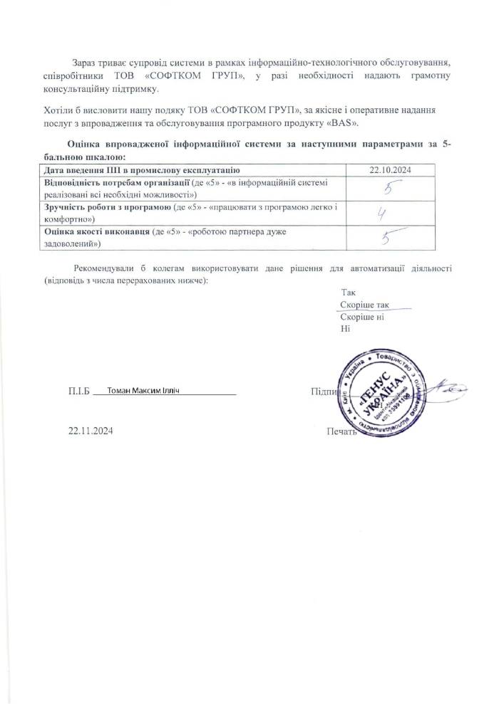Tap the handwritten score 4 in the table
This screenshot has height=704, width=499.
[x=382, y=214]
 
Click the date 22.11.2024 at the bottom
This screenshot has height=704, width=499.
[x=91, y=431]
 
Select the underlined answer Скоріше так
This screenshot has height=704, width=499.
[x=364, y=305]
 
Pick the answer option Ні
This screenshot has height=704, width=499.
[x=346, y=328]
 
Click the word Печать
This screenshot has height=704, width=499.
[x=341, y=431]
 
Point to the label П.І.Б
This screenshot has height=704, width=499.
[x=77, y=392]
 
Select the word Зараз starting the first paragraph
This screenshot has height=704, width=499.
[x=85, y=65]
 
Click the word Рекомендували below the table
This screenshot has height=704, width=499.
[x=105, y=269]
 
